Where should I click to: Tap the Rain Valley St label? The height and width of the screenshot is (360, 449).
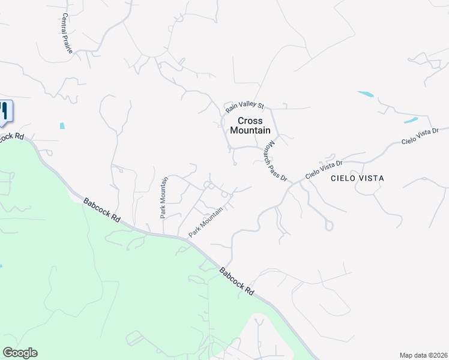click(244, 107)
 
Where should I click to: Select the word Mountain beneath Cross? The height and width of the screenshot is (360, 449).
click(250, 130)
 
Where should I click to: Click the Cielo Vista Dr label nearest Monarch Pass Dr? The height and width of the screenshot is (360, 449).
click(324, 169)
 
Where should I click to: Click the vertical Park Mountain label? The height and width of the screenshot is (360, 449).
click(162, 197)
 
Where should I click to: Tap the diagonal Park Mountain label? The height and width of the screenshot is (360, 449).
click(206, 222)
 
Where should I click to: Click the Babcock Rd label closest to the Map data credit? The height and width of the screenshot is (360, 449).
click(236, 281)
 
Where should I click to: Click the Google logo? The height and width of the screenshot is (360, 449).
click(20, 353)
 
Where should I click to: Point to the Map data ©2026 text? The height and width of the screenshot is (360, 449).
click(423, 355)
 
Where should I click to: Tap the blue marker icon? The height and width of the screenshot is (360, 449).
click(4, 111)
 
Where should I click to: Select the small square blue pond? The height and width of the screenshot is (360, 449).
click(62, 126)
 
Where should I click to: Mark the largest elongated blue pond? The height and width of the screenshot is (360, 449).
click(366, 94)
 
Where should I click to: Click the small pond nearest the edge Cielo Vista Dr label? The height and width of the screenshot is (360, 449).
click(411, 121)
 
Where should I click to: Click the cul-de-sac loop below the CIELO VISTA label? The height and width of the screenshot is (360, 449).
click(328, 226)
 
